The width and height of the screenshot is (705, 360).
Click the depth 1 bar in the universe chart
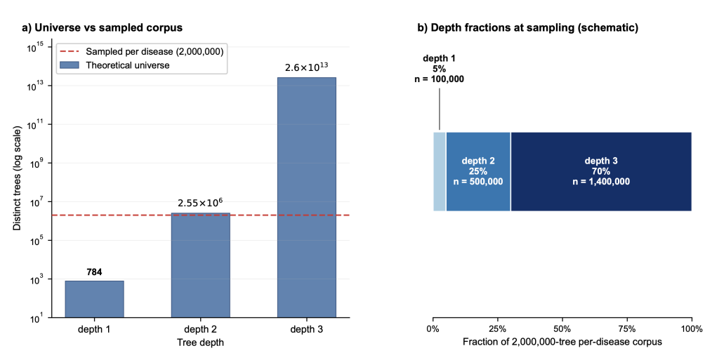tap(94, 300)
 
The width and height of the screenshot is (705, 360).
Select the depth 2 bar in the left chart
tap(201, 265)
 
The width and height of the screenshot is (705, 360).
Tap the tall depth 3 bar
tap(307, 198)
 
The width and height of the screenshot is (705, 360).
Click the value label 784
tap(94, 272)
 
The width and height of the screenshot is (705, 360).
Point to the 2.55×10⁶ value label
tap(201, 203)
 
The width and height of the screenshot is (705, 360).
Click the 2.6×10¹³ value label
tap(307, 67)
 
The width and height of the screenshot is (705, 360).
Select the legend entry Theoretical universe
tap(114, 65)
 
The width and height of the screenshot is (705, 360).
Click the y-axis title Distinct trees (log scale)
tap(17, 178)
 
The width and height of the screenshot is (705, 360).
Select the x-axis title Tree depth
tap(201, 342)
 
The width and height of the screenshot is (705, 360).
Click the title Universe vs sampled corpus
tap(103, 27)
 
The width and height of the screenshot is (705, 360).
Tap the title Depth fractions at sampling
tap(528, 27)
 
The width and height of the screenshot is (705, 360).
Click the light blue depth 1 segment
tap(440, 171)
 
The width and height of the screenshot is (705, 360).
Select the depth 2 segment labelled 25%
tap(478, 171)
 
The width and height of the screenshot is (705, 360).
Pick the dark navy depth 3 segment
tap(601, 171)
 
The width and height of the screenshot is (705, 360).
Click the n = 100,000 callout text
tap(440, 79)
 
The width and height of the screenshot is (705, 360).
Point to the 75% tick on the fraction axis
tap(627, 329)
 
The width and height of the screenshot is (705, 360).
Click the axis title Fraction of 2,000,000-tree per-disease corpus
tap(562, 342)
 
